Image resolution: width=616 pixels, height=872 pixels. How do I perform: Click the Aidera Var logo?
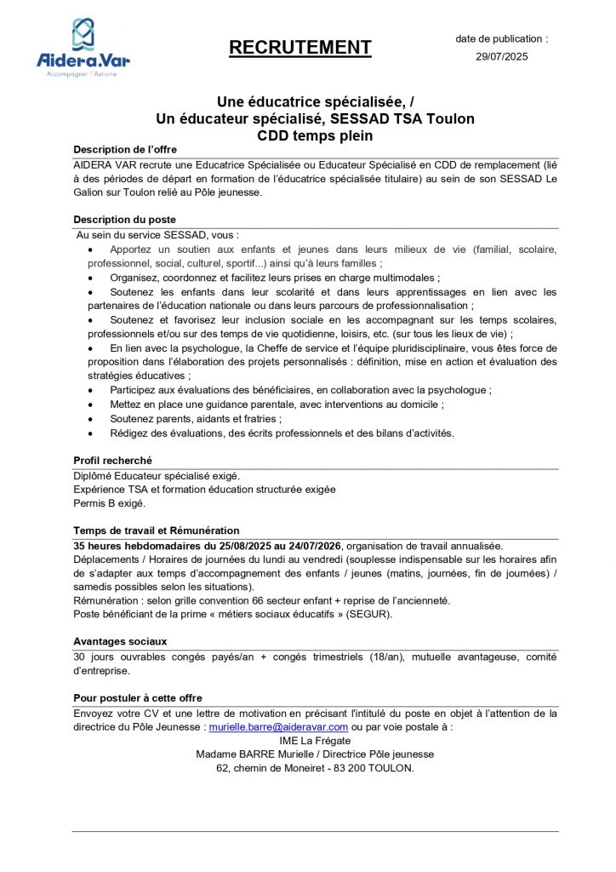pyautogui.click(x=83, y=48)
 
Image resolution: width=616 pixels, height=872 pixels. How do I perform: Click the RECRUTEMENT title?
pyautogui.click(x=300, y=48)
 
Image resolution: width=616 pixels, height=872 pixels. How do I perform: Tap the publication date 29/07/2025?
pyautogui.click(x=502, y=57)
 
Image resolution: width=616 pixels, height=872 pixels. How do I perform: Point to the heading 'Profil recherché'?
pyautogui.click(x=113, y=461)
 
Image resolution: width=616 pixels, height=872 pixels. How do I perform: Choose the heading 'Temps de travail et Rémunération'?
pyautogui.click(x=157, y=531)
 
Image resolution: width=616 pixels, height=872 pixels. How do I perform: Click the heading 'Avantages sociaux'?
pyautogui.click(x=120, y=641)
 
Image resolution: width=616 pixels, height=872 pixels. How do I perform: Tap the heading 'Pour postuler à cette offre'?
pyautogui.click(x=138, y=698)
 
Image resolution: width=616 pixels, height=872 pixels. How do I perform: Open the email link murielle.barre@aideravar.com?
pyautogui.click(x=278, y=727)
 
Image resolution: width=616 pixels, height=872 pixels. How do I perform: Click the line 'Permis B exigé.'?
pyautogui.click(x=110, y=503)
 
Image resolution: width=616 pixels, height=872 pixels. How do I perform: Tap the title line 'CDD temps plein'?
pyautogui.click(x=315, y=135)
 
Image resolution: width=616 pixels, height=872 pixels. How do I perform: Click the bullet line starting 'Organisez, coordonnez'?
pyautogui.click(x=275, y=278)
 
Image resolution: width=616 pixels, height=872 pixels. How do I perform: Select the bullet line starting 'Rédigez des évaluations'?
pyautogui.click(x=282, y=433)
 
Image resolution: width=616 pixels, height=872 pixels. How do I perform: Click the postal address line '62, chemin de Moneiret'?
pyautogui.click(x=315, y=768)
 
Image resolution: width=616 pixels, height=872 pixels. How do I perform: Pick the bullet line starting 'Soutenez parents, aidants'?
pyautogui.click(x=196, y=419)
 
